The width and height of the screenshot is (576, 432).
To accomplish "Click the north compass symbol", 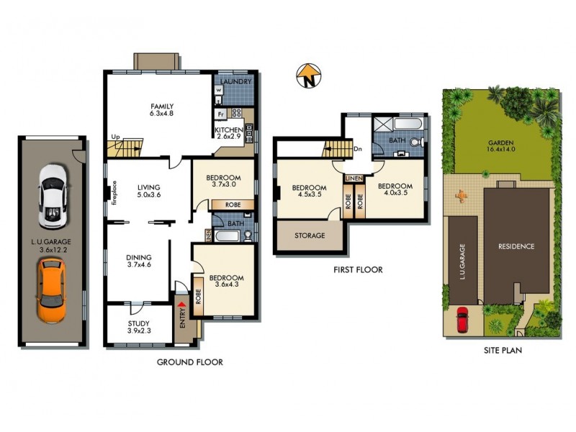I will (x=307, y=76).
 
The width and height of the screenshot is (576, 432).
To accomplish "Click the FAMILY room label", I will (x=161, y=110).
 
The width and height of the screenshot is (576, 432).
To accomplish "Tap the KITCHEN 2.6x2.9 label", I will (x=229, y=134).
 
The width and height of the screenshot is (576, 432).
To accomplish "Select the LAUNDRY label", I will (x=235, y=82).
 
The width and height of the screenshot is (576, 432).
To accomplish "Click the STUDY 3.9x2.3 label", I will (x=140, y=326).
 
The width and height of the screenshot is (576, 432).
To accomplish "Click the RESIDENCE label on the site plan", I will (x=516, y=246).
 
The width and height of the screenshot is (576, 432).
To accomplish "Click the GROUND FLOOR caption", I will (x=189, y=362).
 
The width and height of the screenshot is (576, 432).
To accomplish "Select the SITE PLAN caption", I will (x=502, y=351).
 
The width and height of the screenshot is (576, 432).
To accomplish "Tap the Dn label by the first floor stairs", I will (x=358, y=149).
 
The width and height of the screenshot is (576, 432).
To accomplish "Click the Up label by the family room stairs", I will (x=114, y=137).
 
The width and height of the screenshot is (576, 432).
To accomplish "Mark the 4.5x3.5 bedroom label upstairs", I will (x=309, y=193).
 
